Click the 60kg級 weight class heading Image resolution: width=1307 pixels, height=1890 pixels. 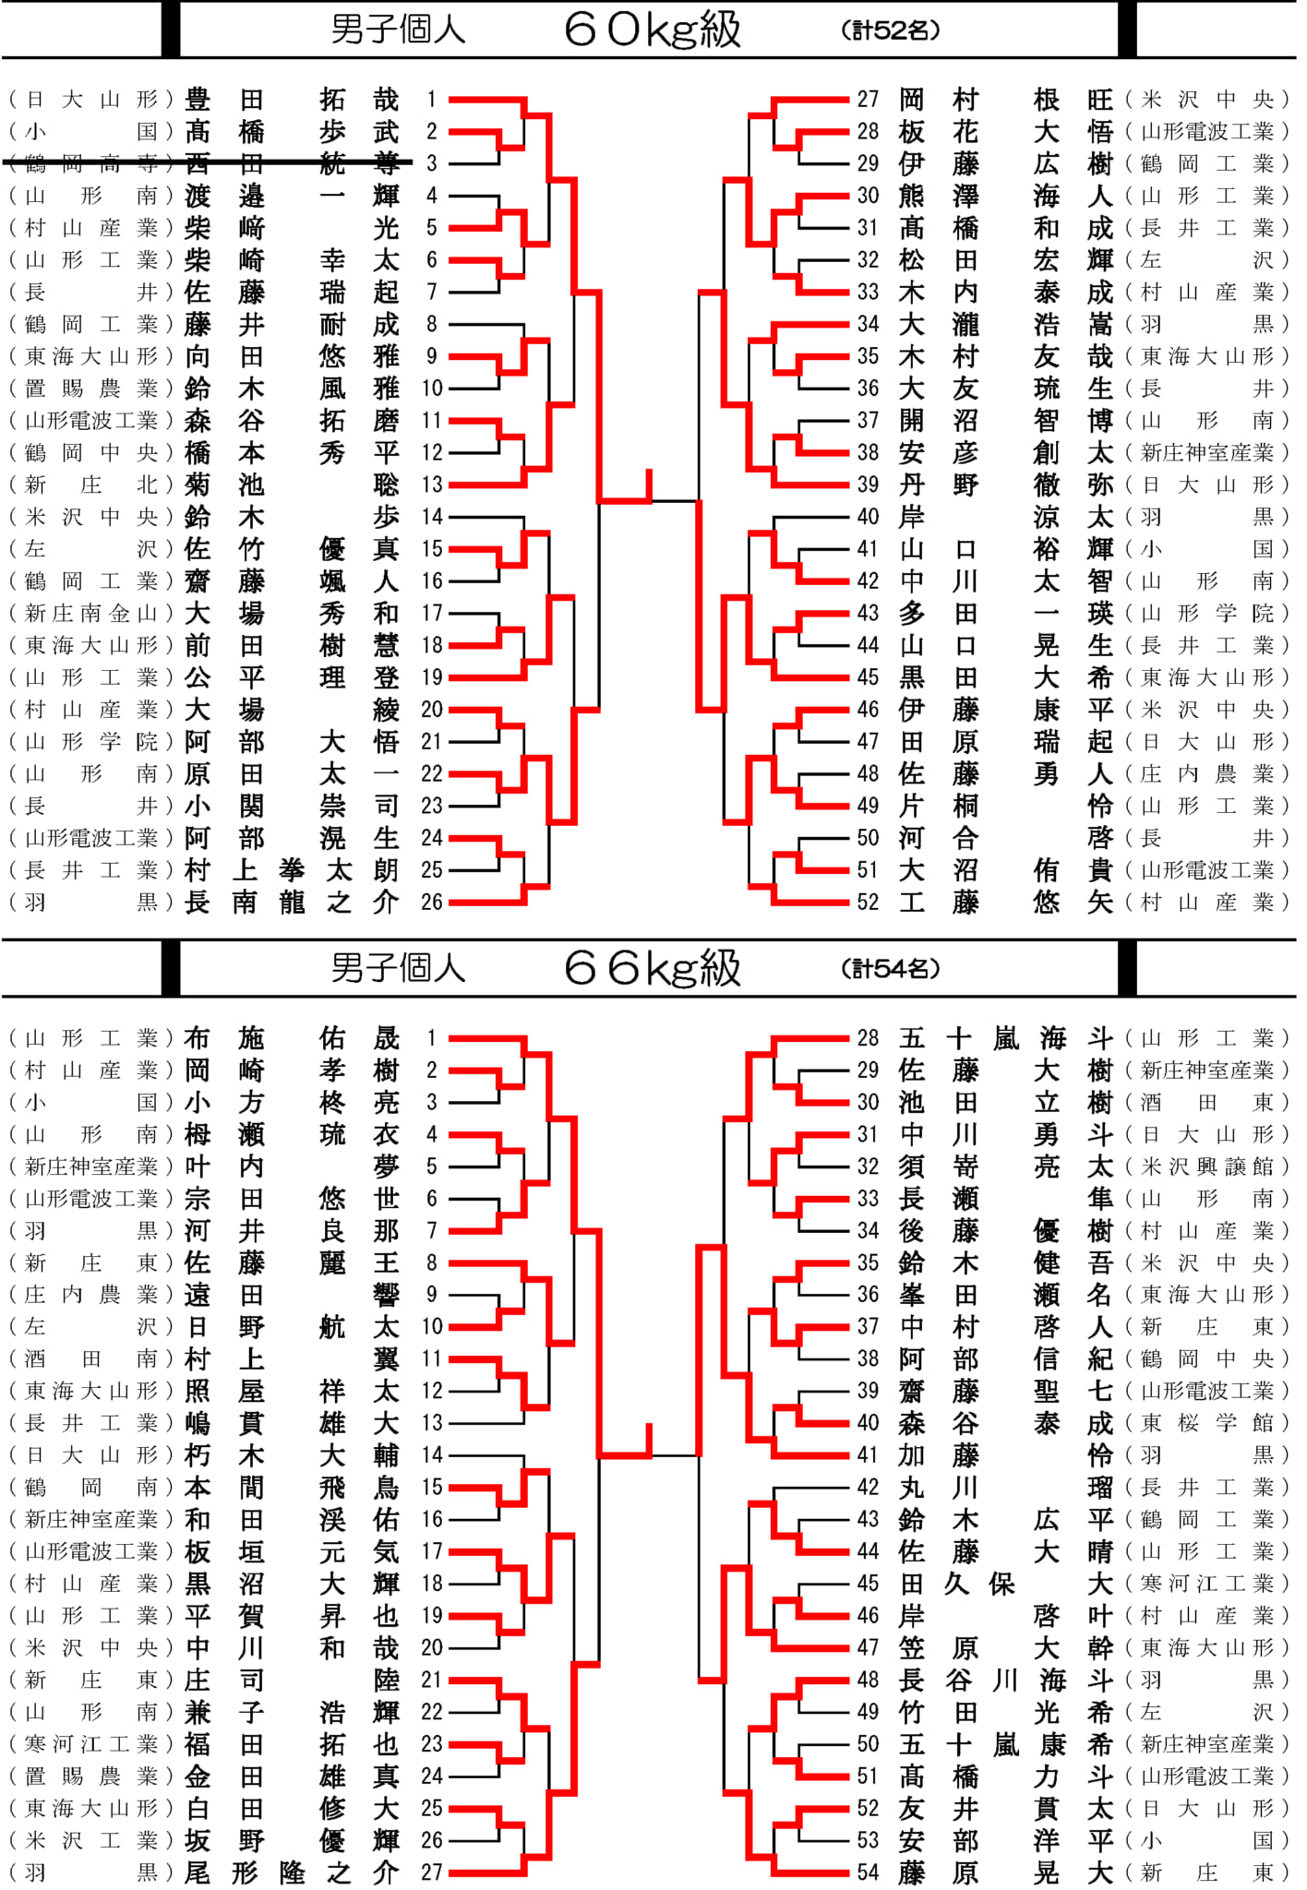pos(653,30)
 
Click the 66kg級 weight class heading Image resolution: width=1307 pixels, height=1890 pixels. pos(653,968)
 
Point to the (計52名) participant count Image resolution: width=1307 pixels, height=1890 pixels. pos(891,30)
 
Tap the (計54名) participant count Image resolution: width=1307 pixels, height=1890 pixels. pos(891,969)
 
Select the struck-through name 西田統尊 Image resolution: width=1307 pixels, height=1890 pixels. pos(292,163)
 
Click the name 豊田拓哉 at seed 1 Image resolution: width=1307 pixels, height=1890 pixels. pos(292,100)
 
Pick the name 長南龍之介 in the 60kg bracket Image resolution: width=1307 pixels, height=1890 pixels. pos(292,902)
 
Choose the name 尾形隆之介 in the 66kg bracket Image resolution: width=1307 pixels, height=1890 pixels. pos(292,1872)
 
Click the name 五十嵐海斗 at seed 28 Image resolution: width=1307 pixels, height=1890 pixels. pos(1006,1038)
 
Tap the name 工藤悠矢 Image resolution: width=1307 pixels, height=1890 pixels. pos(1006,902)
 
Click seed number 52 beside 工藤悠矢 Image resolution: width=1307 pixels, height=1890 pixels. pos(868,902)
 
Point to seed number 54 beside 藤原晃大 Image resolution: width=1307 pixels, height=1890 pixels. pos(868,1872)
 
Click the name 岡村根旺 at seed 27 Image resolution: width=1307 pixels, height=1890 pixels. pos(1006,100)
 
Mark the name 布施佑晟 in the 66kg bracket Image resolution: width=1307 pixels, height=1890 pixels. pos(292,1038)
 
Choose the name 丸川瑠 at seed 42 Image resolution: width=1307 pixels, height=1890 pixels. pos(1006,1488)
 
